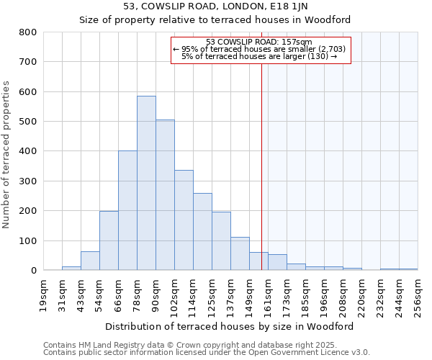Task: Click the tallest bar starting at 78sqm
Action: (146, 183)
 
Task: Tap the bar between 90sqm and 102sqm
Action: (165, 195)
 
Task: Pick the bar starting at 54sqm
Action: (109, 240)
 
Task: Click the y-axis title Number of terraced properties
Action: (7, 155)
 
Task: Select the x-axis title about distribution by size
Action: (229, 326)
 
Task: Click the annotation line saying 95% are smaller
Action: (259, 49)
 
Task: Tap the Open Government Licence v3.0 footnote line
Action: (207, 352)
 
